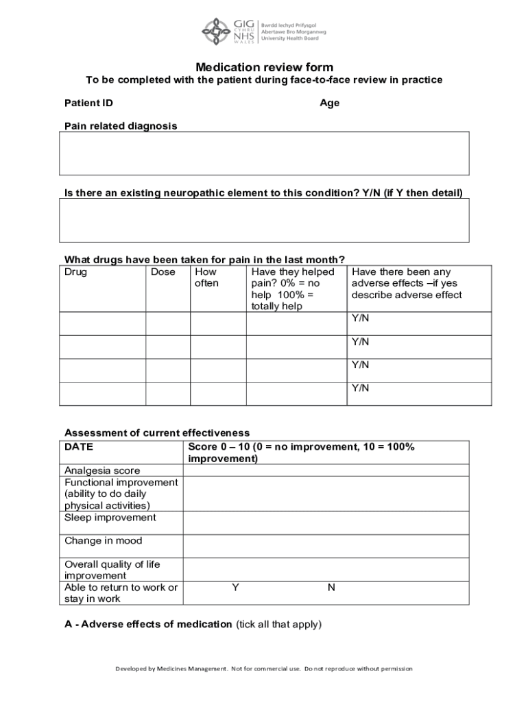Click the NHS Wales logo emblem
pos(217,29)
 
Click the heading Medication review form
pos(264,67)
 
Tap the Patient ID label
pos(88,104)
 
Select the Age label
pos(329,104)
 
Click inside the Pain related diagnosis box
pos(264,154)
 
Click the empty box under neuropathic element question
pos(264,220)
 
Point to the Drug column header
pos(76,272)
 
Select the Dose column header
pos(163,272)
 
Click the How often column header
pos(207,278)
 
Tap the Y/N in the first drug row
pos(361,318)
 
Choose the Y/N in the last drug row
pos(361,388)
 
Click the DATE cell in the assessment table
pos(79,447)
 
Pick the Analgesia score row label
pos(102,470)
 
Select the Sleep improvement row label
pos(110,518)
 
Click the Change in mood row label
pos(104,541)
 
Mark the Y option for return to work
pos(235,588)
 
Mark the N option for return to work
pos(331,588)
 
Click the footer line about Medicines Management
pos(264,668)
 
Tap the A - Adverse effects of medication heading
pos(148,624)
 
